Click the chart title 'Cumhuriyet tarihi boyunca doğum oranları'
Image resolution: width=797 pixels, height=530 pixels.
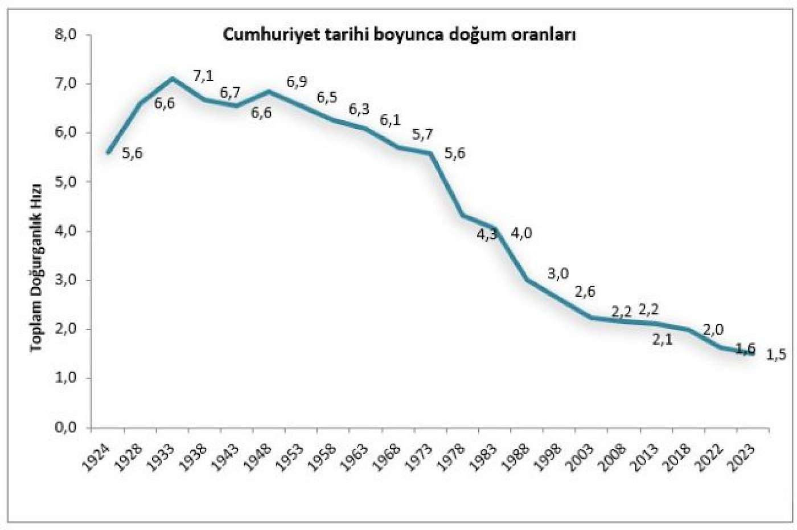pos(400,35)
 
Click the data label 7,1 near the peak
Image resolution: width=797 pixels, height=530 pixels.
pos(203,77)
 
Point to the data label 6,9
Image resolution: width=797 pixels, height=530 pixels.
pos(297,82)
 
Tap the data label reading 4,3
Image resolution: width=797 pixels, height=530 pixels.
pos(487,234)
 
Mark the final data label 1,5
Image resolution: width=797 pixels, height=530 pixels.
pos(776,354)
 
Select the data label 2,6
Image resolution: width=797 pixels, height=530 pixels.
pos(585,292)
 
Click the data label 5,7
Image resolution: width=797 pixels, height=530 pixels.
pos(423,135)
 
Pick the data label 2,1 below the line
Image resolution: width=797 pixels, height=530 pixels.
pos(662,341)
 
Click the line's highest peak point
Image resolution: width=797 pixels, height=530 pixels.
pos(172,78)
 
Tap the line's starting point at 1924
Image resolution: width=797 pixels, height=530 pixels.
pos(108,152)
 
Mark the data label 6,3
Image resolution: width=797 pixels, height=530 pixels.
pos(359,109)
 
